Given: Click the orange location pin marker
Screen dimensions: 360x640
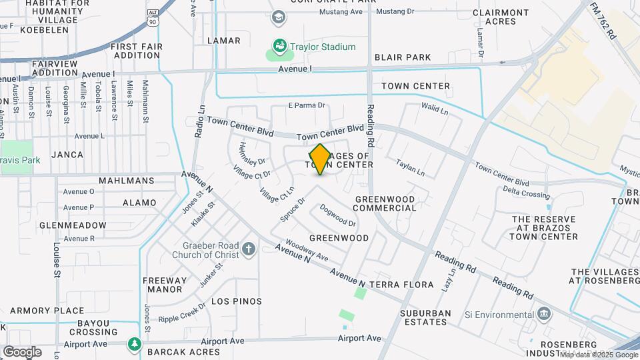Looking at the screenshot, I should pyautogui.click(x=320, y=159).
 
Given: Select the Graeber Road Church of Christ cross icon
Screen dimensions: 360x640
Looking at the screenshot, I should pyautogui.click(x=249, y=249).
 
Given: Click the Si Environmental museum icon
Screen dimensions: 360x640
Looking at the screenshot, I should pyautogui.click(x=544, y=314).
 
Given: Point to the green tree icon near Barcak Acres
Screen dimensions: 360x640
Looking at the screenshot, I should pyautogui.click(x=135, y=343).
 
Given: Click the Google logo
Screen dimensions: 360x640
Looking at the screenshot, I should pyautogui.click(x=22, y=351).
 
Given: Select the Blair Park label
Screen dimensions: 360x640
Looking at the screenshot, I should pyautogui.click(x=403, y=57).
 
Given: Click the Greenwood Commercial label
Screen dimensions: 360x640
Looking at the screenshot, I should pyautogui.click(x=385, y=203).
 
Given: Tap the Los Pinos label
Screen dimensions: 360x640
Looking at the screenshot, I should pyautogui.click(x=237, y=301).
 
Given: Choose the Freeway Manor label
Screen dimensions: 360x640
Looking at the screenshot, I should pyautogui.click(x=164, y=285).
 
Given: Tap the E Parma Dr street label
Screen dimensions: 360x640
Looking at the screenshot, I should pyautogui.click(x=306, y=105).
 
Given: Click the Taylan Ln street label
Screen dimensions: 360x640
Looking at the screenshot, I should pyautogui.click(x=410, y=167).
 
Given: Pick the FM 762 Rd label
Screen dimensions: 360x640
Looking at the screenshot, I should pyautogui.click(x=603, y=19).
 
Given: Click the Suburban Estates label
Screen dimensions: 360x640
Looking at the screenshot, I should pyautogui.click(x=425, y=317).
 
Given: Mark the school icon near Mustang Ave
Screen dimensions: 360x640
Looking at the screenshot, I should pyautogui.click(x=278, y=17).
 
